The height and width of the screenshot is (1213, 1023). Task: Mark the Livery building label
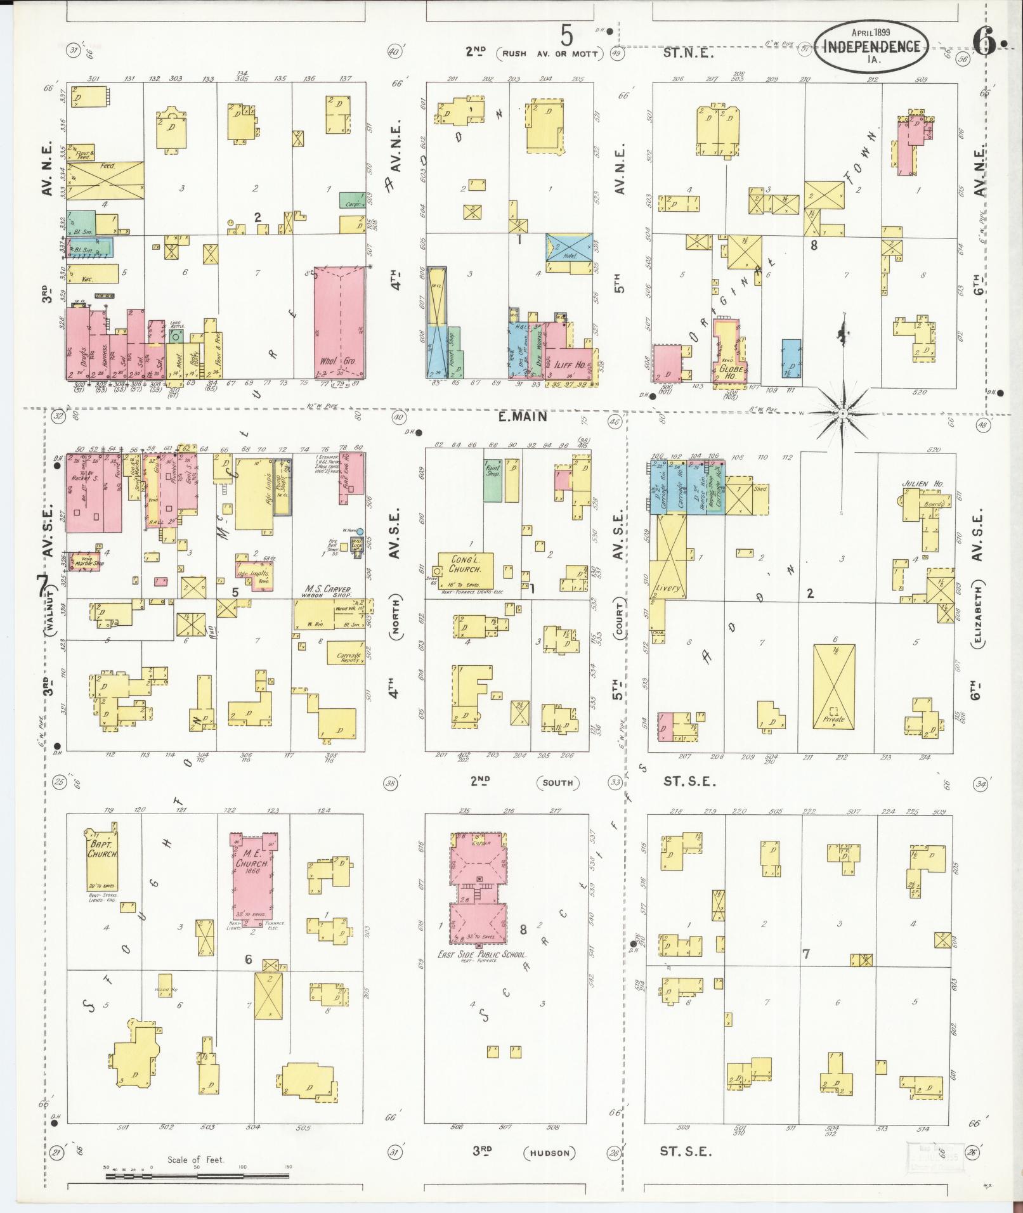668,588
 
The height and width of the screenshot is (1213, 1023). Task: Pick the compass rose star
843,413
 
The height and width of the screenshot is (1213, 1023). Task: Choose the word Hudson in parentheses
550,1153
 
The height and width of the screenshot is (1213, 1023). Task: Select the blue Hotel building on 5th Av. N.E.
569,247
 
